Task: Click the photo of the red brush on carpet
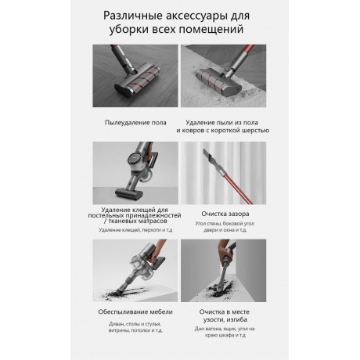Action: point(223,76)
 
